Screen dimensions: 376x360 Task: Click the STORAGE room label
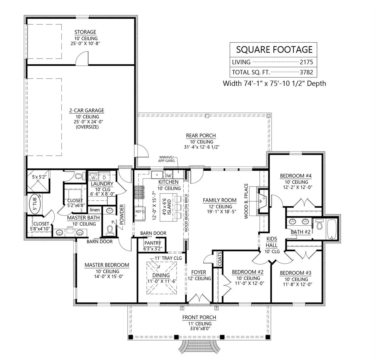coord(85,32)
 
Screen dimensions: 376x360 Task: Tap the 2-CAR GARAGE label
coord(87,110)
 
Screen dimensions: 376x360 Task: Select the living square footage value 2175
coord(306,62)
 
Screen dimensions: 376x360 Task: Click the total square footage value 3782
coord(306,72)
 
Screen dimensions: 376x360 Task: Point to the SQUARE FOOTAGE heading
coord(274,50)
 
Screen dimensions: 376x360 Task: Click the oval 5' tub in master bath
coord(35,204)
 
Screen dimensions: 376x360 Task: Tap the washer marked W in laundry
coord(93,177)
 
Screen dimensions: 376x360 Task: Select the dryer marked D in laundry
coord(104,177)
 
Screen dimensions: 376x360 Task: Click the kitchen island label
coord(167,207)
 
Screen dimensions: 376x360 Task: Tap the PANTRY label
coord(152,243)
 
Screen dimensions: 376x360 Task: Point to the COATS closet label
coord(220,259)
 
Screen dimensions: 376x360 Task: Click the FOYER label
coord(199,272)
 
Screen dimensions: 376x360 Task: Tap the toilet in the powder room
coord(110,231)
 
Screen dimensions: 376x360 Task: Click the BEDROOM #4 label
coord(296,176)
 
